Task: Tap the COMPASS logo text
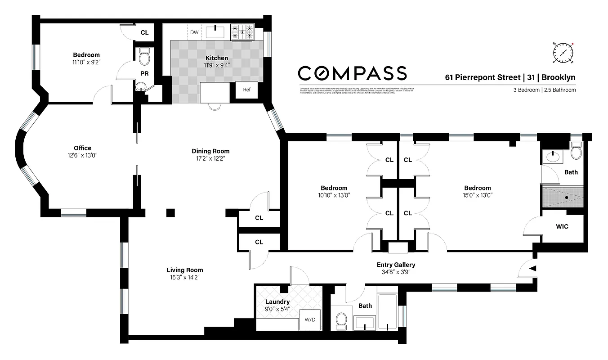[x=353, y=73]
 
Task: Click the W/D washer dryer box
[x=310, y=320]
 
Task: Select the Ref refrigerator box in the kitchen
[x=246, y=90]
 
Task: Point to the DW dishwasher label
[x=194, y=32]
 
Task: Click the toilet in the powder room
[x=144, y=57]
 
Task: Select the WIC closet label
[x=562, y=226]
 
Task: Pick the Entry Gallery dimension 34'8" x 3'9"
[x=396, y=272]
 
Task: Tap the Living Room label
[x=184, y=270]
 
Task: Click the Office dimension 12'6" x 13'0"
[x=82, y=155]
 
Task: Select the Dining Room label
[x=210, y=151]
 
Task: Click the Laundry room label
[x=277, y=301]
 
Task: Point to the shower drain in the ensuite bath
[x=567, y=197]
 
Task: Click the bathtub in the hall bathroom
[x=388, y=313]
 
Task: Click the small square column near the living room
[x=170, y=212]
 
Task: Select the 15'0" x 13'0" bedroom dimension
[x=478, y=195]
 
